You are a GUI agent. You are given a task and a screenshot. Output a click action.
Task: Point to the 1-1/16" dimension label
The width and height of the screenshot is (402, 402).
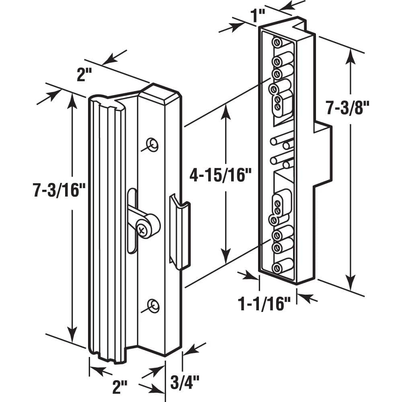click(265, 304)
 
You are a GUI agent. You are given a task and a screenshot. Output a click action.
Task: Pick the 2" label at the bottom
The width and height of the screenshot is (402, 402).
click(120, 387)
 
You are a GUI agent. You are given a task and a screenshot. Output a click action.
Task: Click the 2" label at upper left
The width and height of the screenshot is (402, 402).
click(84, 75)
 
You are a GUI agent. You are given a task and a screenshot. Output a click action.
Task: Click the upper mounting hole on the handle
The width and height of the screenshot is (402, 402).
click(152, 145)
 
